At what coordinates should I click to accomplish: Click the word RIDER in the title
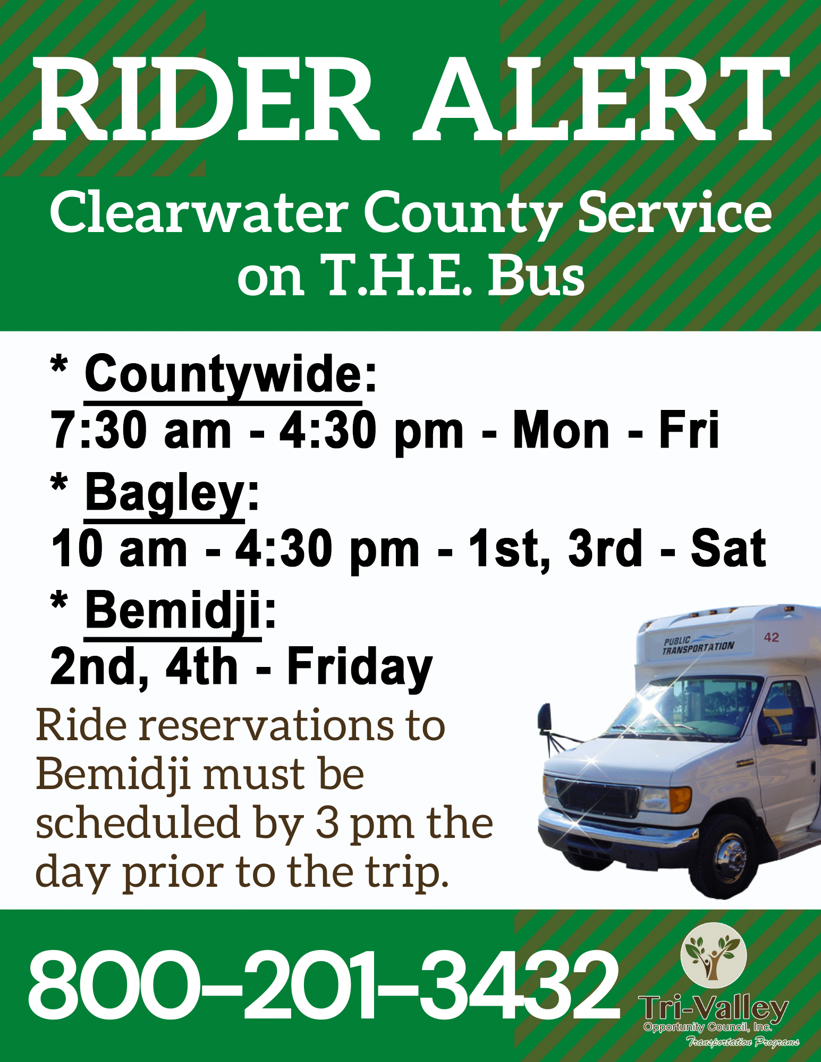pyautogui.click(x=206, y=100)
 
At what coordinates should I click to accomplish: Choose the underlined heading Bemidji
pyautogui.click(x=173, y=611)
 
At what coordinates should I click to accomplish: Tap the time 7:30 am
pyautogui.click(x=140, y=430)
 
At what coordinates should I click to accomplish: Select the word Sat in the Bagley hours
pyautogui.click(x=729, y=548)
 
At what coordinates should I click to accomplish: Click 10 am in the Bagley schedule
pyautogui.click(x=119, y=549)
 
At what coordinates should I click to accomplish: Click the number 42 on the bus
pyautogui.click(x=771, y=637)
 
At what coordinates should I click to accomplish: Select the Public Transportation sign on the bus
pyautogui.click(x=698, y=645)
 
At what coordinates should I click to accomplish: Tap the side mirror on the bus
pyautogui.click(x=544, y=718)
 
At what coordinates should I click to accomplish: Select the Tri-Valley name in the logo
pyautogui.click(x=713, y=1007)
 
